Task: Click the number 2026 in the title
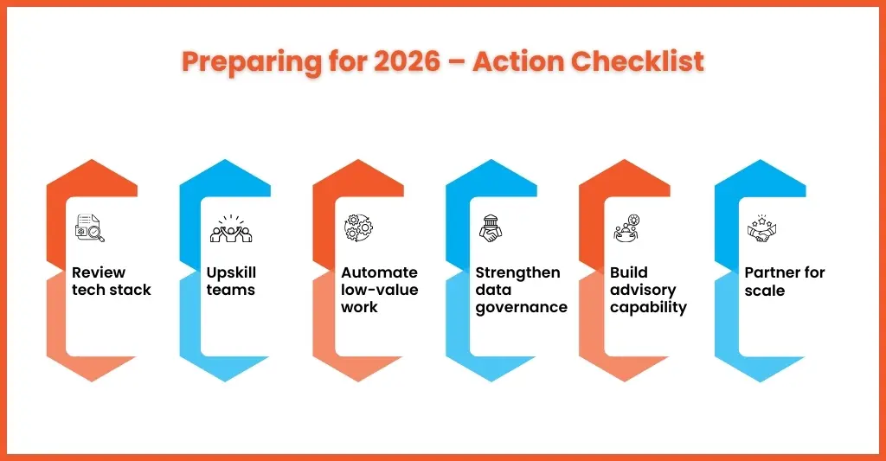[407, 61]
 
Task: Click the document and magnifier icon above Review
[90, 227]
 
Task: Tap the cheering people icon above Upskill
[230, 228]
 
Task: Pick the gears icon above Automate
[358, 227]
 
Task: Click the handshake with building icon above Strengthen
[491, 228]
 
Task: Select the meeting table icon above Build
[626, 228]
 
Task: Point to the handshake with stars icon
[761, 228]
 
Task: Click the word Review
[99, 272]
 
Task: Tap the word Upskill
[231, 273]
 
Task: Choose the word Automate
[379, 272]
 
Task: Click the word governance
[521, 308]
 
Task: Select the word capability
[648, 308]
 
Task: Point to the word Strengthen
[517, 273]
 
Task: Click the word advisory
[643, 291]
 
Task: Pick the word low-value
[379, 290]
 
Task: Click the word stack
[132, 290]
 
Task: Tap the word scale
[765, 291]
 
